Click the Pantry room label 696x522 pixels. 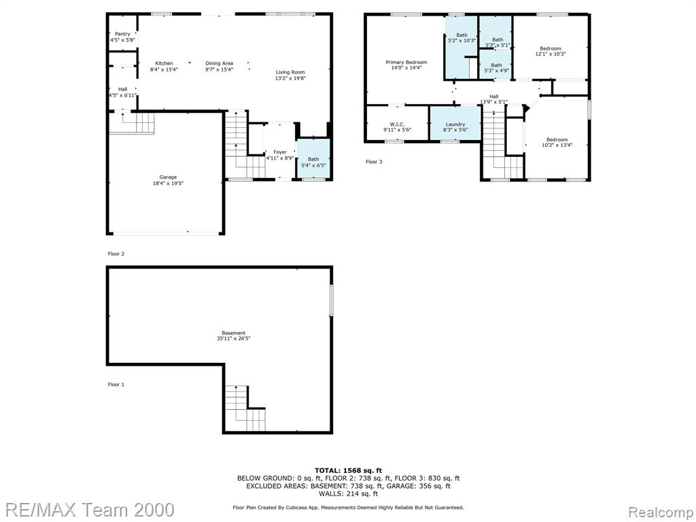point(122,34)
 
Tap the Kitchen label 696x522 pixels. point(164,63)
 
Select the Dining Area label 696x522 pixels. point(220,63)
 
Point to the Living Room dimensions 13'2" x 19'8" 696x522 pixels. point(291,78)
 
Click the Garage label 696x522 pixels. point(168,177)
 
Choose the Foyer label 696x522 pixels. point(279,152)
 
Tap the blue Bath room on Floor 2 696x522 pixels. point(313,159)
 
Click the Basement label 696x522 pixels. point(234,333)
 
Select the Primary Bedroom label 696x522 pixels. point(406,62)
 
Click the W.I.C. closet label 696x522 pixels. point(397,124)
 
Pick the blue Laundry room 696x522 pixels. point(455,124)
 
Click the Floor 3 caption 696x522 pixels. point(374,162)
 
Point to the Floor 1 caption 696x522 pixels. point(116,385)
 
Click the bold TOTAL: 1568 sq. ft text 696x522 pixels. point(348,470)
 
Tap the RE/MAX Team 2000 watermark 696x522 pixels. point(88,510)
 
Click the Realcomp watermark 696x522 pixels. point(661,512)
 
